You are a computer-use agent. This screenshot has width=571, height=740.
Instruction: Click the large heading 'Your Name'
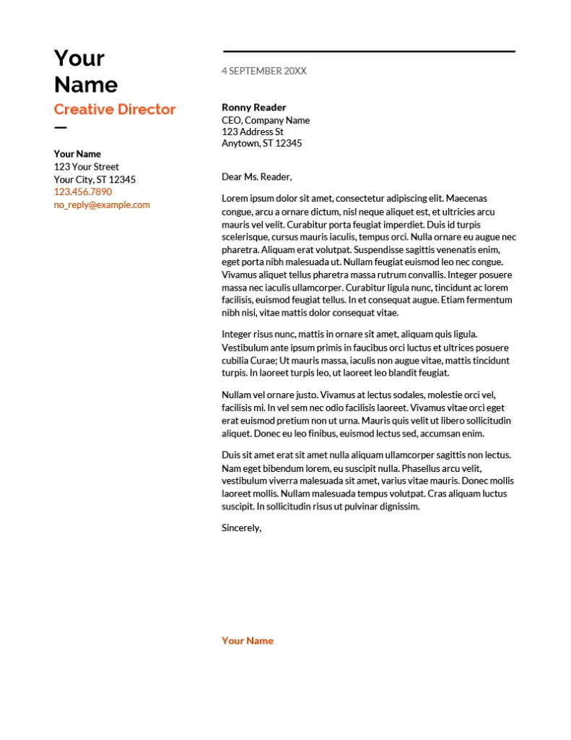point(85,71)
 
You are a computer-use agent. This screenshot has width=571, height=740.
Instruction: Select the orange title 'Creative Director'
point(115,109)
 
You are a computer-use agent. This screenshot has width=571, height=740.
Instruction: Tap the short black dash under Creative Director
point(60,128)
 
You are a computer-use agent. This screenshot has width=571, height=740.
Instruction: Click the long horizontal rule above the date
point(369,51)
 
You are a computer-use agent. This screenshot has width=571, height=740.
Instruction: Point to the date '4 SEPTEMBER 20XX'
point(263,71)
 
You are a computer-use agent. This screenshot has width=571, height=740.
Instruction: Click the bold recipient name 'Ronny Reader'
point(253,107)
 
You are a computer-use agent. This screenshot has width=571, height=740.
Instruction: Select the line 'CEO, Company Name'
point(266,120)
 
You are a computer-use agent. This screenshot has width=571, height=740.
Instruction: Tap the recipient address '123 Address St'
point(253,132)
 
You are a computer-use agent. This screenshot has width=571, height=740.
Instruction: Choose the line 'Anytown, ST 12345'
point(261,143)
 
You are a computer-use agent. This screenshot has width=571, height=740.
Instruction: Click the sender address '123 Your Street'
point(87,167)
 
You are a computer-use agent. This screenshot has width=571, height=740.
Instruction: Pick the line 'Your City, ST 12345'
point(95,179)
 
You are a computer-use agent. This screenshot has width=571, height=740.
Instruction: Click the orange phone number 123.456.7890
point(83,192)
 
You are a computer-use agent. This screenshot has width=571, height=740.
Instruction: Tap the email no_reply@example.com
point(102,205)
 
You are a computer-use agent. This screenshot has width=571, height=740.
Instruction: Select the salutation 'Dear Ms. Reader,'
point(256,176)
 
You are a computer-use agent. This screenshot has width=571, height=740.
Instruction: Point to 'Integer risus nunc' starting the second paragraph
point(259,334)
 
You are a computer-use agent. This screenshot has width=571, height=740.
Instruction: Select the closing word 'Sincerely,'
point(241,528)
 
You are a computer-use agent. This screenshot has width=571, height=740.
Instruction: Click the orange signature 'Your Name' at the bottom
point(248,640)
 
